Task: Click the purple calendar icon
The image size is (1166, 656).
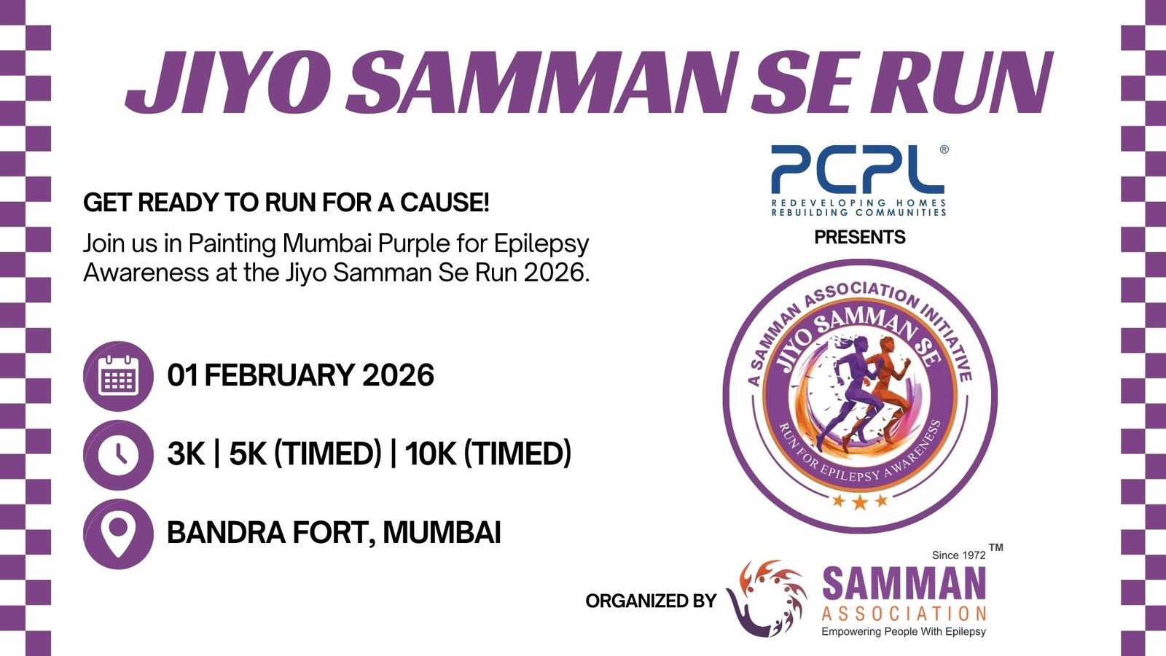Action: click(x=118, y=376)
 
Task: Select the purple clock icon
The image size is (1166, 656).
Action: click(x=118, y=455)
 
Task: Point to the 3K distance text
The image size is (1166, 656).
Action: click(x=186, y=455)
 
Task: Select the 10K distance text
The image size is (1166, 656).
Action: click(x=430, y=455)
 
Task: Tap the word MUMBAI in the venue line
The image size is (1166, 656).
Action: click(x=442, y=534)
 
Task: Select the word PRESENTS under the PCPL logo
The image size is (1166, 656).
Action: click(x=860, y=238)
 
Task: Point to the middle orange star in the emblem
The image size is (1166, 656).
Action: click(x=860, y=501)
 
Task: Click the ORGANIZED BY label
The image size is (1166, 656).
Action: click(x=651, y=601)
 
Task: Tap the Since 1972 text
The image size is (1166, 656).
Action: click(x=958, y=555)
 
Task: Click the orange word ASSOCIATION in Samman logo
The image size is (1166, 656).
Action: click(x=904, y=614)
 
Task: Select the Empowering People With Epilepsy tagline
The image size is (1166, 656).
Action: click(x=904, y=632)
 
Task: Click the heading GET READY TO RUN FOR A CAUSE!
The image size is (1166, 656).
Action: click(x=286, y=203)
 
